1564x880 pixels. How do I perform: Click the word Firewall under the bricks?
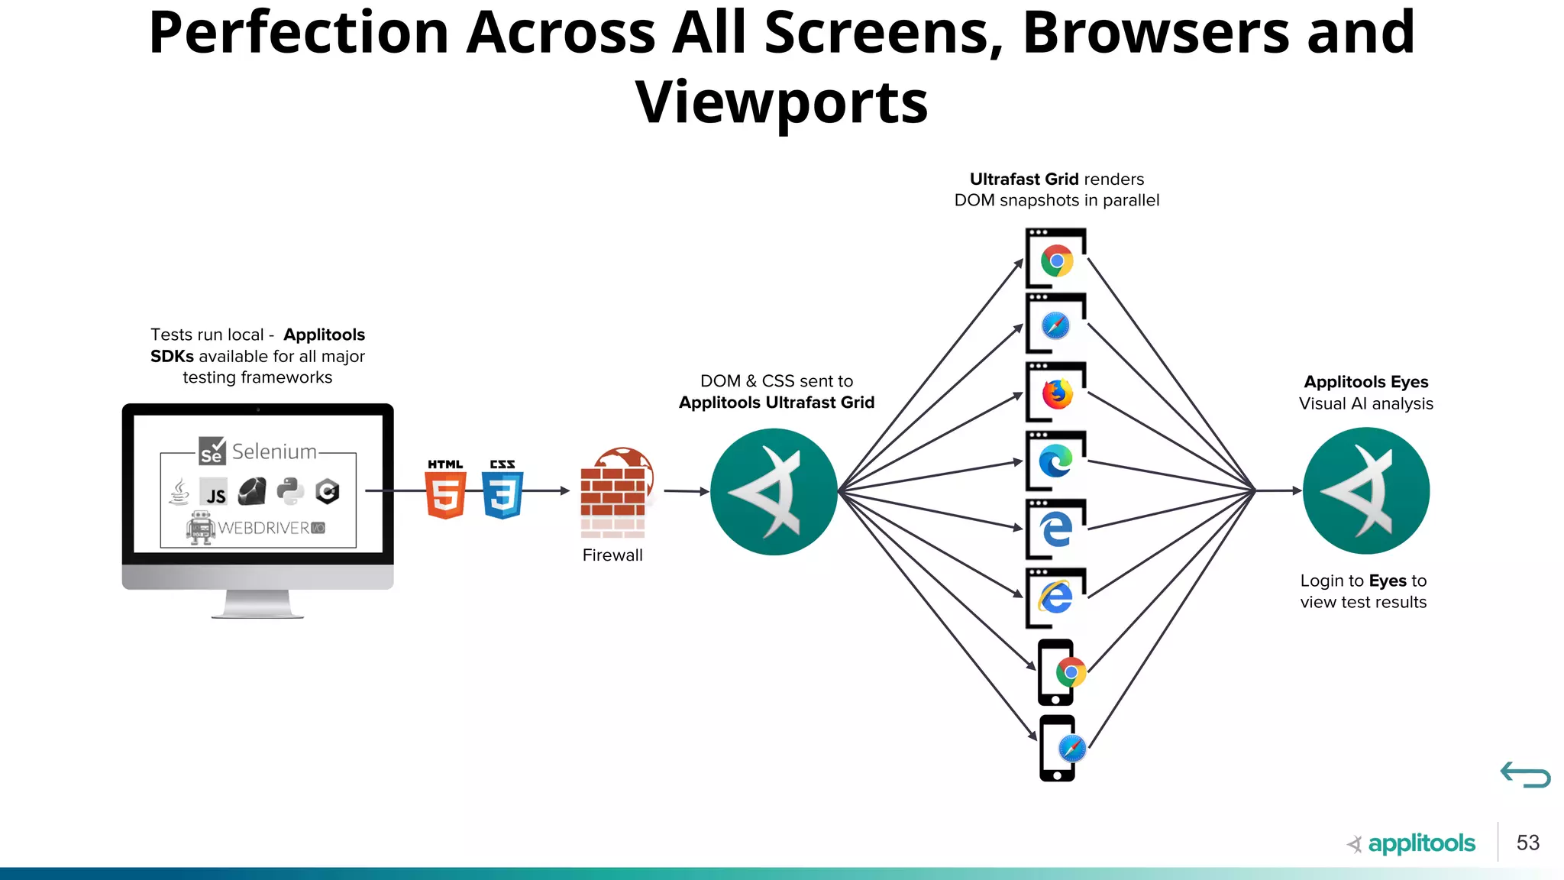[612, 555]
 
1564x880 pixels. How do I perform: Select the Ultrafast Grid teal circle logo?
[774, 491]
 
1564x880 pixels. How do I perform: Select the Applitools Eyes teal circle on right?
[1365, 490]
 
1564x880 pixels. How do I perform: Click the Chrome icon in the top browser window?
[1057, 261]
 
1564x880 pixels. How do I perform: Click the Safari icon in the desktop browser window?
[1056, 326]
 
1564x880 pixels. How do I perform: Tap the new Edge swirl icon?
[1056, 461]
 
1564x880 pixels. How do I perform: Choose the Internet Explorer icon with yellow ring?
[1056, 597]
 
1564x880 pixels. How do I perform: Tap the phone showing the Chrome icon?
[1057, 672]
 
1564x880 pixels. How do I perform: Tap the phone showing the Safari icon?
[1058, 748]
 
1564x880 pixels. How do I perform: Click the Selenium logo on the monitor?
[257, 451]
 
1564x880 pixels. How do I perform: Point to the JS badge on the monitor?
[214, 493]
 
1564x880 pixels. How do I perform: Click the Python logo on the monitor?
[290, 492]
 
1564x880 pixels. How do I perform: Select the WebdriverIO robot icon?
[200, 528]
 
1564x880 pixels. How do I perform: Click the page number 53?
[1527, 843]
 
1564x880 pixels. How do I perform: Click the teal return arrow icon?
[1525, 775]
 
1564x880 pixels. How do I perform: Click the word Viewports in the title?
[781, 102]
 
